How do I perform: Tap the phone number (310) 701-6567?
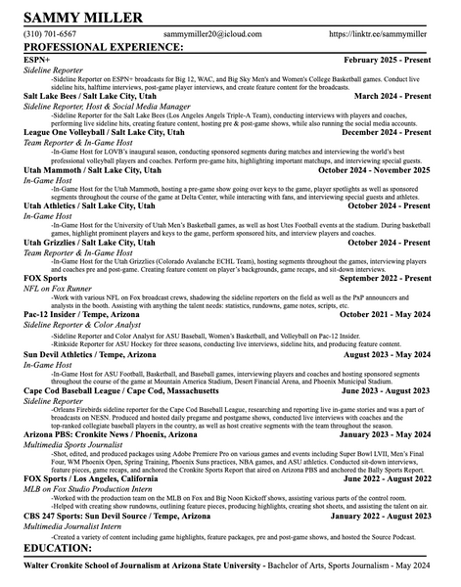[50, 33]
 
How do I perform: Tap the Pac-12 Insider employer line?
[82, 315]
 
